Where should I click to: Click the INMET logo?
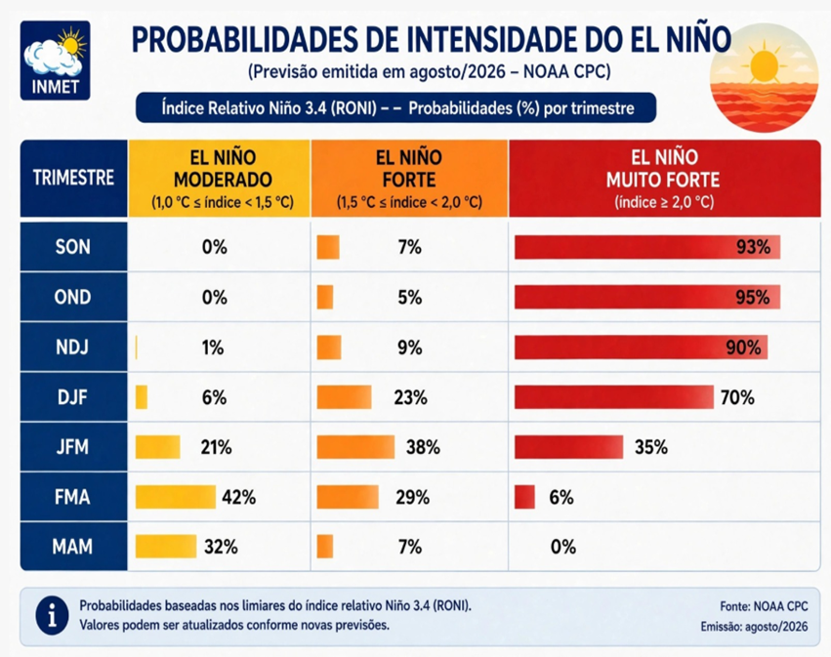(x=55, y=61)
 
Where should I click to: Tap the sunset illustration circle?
(x=764, y=77)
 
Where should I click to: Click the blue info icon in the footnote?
(x=52, y=616)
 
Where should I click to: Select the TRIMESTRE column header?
(x=73, y=178)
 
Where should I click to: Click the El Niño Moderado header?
(x=219, y=178)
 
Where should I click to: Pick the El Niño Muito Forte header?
(x=665, y=178)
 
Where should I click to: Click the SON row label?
(x=73, y=247)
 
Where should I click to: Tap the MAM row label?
(x=73, y=547)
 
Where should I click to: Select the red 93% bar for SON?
(x=647, y=247)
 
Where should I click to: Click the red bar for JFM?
(x=568, y=447)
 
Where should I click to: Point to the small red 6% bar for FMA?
(x=524, y=497)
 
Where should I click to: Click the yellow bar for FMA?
(x=176, y=497)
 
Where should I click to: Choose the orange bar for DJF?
(x=344, y=397)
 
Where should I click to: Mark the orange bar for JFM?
(x=355, y=447)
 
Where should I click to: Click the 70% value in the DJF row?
(x=737, y=397)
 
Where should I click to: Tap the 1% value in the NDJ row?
(x=213, y=348)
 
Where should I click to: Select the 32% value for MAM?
(x=221, y=547)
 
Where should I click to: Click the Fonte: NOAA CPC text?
(x=764, y=606)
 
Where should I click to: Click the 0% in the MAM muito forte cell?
(x=562, y=547)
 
